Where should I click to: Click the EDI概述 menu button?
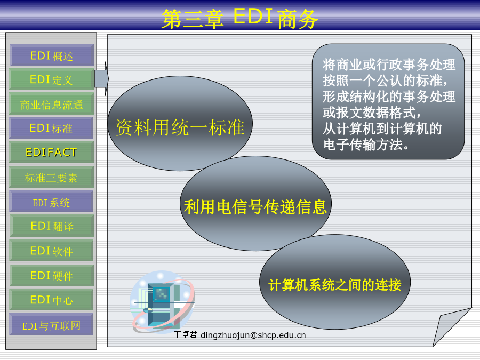[51, 55]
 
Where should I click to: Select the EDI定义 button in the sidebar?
[51, 79]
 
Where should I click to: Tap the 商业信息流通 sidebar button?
[51, 104]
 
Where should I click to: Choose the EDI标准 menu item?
[51, 128]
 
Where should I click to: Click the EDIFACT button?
[51, 152]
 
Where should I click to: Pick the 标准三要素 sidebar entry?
[51, 177]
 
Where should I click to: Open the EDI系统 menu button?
[51, 202]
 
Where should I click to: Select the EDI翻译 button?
[51, 226]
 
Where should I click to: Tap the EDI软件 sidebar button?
[51, 251]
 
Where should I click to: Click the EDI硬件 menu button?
[51, 276]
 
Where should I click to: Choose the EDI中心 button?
[51, 300]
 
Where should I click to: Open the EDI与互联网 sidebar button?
[51, 324]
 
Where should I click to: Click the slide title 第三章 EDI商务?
[239, 18]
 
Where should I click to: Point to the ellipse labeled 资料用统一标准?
[180, 123]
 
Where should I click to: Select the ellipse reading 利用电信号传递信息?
[255, 204]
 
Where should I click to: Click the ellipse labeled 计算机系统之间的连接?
[334, 282]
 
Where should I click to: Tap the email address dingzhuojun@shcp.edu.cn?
[253, 335]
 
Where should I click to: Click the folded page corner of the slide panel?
[452, 327]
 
